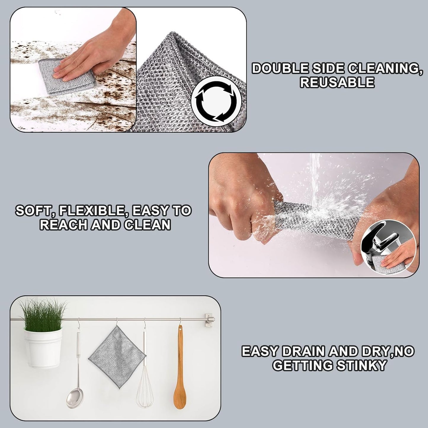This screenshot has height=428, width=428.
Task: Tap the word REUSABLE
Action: pos(337,82)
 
